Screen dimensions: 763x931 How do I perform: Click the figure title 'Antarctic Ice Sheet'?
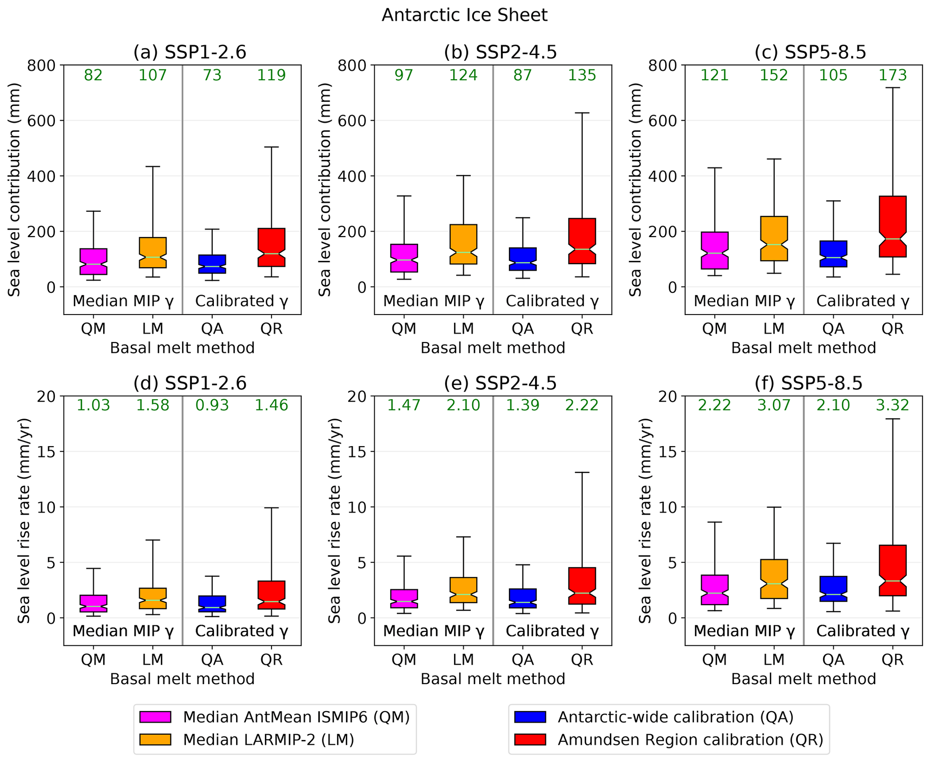pyautogui.click(x=464, y=15)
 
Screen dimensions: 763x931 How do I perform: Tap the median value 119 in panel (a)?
pyautogui.click(x=271, y=75)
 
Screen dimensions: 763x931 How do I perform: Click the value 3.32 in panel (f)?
pyautogui.click(x=892, y=405)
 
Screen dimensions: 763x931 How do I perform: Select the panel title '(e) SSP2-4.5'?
pyautogui.click(x=500, y=383)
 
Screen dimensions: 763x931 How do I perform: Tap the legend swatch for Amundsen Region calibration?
pyautogui.click(x=530, y=740)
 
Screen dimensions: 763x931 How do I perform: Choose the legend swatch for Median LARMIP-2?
pyautogui.click(x=155, y=740)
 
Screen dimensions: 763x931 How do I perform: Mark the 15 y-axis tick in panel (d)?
pyautogui.click(x=46, y=452)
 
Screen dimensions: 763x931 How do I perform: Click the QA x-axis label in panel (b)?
pyautogui.click(x=522, y=329)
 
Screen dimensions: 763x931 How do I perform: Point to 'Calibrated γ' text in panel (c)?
pyautogui.click(x=863, y=301)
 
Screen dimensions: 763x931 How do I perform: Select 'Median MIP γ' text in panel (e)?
pyautogui.click(x=433, y=631)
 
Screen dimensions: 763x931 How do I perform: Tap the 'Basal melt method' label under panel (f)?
pyautogui.click(x=804, y=679)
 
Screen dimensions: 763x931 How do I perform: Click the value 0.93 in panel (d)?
pyautogui.click(x=212, y=405)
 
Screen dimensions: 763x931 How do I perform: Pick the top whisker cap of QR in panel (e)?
pyautogui.click(x=582, y=472)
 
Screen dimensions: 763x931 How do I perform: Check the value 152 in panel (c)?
pyautogui.click(x=774, y=75)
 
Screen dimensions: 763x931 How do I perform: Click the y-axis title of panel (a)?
pyautogui.click(x=14, y=189)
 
